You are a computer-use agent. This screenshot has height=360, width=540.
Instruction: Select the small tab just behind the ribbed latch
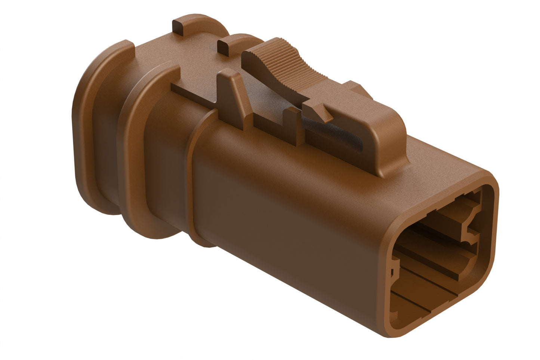(224, 47)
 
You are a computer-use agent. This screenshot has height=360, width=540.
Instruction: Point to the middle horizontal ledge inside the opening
(430, 262)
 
